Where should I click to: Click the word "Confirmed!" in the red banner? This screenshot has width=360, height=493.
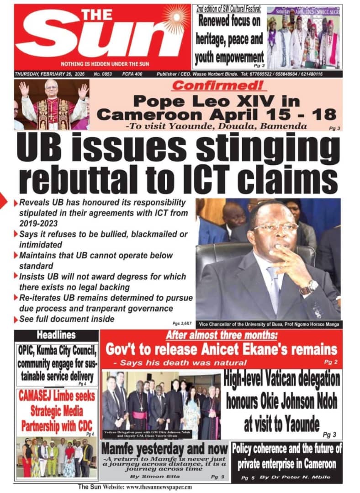point(215,85)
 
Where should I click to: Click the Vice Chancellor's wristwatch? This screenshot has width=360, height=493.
point(309,287)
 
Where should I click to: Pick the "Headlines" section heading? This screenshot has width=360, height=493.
point(56,335)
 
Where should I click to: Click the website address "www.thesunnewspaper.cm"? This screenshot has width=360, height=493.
point(159,487)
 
